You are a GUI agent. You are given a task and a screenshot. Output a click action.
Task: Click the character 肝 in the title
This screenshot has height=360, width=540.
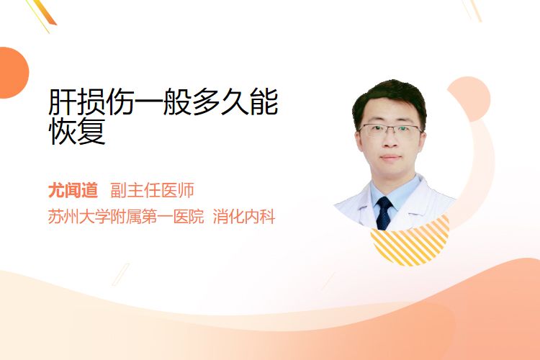(x=63, y=102)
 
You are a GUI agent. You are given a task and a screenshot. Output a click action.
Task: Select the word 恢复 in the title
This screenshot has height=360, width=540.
(x=77, y=131)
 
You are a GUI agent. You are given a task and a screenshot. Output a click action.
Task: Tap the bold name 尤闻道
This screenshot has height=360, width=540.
(x=73, y=190)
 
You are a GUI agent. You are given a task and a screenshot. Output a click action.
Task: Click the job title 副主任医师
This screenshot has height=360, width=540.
(x=152, y=190)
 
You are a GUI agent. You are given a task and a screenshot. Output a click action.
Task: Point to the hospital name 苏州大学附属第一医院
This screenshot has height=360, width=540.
(x=126, y=217)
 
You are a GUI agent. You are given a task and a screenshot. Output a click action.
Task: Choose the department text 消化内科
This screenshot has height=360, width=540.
(x=244, y=217)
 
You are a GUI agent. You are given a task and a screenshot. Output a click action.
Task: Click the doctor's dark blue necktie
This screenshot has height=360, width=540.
(x=384, y=212)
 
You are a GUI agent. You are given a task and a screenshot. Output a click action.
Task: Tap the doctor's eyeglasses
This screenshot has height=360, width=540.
(x=390, y=130)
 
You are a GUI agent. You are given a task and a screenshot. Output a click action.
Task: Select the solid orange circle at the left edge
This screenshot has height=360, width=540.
(x=12, y=73)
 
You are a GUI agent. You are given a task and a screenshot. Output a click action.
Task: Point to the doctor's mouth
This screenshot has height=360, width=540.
(x=390, y=158)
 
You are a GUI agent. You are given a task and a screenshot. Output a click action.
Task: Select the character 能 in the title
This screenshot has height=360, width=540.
(x=264, y=102)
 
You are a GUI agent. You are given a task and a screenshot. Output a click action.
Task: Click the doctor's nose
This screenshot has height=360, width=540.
(x=390, y=140)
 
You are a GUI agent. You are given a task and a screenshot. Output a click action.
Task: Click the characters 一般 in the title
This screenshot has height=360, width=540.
(x=163, y=102)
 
